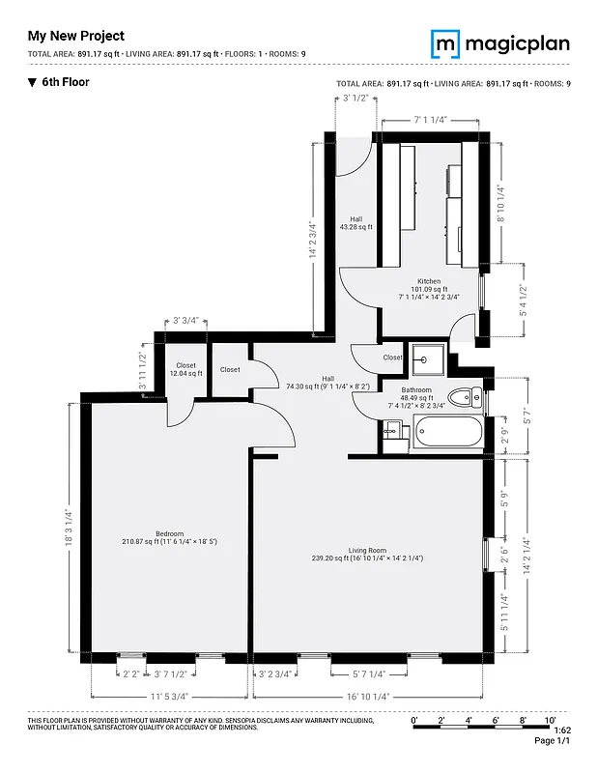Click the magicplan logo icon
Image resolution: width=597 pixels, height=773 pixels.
tap(445, 43)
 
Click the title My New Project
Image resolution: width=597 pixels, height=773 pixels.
tap(76, 36)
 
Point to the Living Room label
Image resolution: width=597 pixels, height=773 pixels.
tap(367, 553)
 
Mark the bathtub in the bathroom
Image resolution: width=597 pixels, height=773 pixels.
tap(445, 433)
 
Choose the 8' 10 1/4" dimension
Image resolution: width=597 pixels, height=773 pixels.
tap(500, 203)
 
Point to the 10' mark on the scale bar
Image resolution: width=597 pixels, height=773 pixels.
tap(550, 720)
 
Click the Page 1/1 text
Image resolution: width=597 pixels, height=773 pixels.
tap(552, 740)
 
